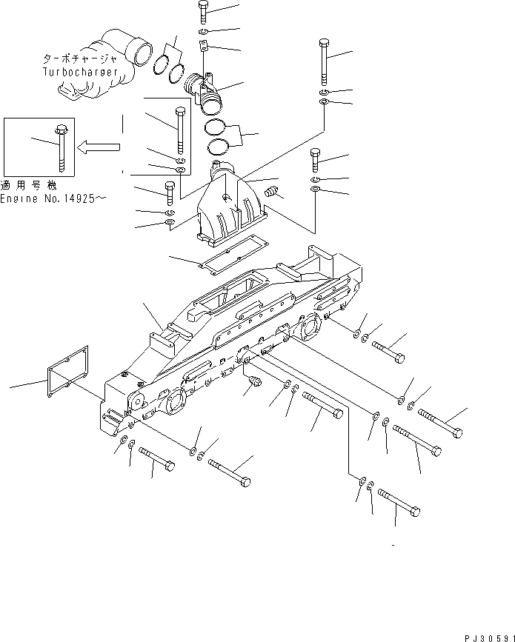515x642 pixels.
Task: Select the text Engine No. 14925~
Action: click(x=54, y=200)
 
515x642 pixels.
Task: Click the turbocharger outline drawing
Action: click(x=104, y=67)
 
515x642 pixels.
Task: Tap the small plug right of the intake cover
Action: click(x=273, y=193)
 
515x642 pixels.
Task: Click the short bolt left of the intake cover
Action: click(x=168, y=193)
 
